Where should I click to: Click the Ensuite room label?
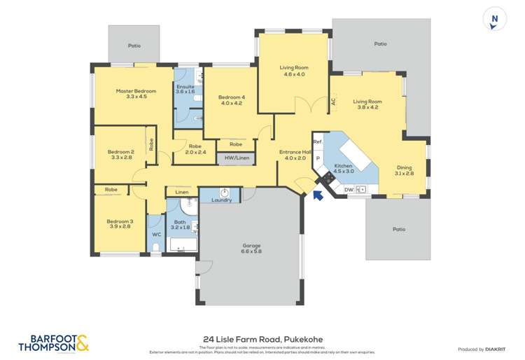(185, 89)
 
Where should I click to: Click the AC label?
(333, 101)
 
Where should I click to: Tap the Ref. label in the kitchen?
(317, 142)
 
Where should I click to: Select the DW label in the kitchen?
(349, 189)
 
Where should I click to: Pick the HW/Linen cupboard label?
(237, 158)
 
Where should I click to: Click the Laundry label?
(222, 200)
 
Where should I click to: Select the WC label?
(156, 234)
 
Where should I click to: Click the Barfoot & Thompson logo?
(44, 341)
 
